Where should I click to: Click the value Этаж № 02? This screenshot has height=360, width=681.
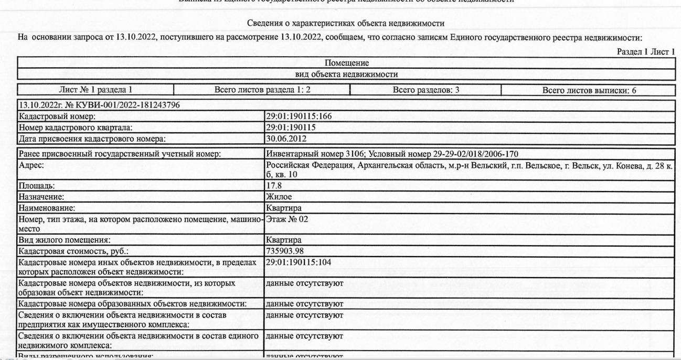(286, 220)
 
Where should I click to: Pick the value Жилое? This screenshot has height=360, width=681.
(279, 197)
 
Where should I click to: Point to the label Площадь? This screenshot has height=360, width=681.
(36, 185)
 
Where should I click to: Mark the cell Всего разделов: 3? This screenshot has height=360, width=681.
(426, 90)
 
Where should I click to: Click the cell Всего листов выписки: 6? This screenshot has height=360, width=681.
(589, 90)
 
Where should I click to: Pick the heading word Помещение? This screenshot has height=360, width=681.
(346, 63)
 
